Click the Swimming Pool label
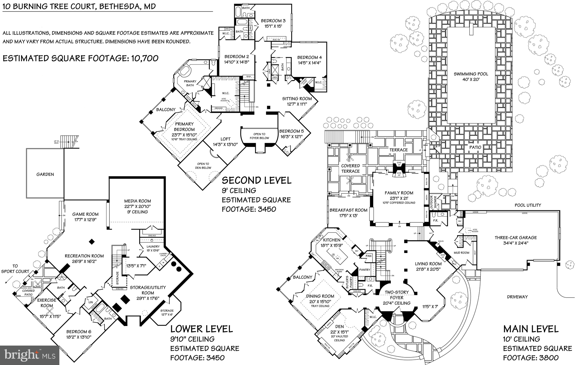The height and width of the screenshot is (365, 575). (471, 74)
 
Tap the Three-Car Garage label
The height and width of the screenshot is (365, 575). (515, 238)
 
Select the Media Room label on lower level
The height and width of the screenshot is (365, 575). (138, 201)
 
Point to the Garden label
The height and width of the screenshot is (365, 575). (45, 174)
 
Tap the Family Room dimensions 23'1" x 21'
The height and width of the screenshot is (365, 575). (399, 198)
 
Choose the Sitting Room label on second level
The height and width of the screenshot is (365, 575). (297, 99)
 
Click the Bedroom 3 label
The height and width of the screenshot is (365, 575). (273, 21)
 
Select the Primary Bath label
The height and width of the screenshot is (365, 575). (190, 83)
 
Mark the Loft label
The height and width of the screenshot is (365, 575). (225, 139)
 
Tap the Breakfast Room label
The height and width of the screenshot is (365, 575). (348, 210)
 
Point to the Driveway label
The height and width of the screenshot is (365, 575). (517, 297)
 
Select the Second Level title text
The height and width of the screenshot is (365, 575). (256, 180)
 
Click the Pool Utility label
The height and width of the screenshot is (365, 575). (528, 205)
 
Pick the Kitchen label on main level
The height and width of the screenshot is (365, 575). (332, 240)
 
